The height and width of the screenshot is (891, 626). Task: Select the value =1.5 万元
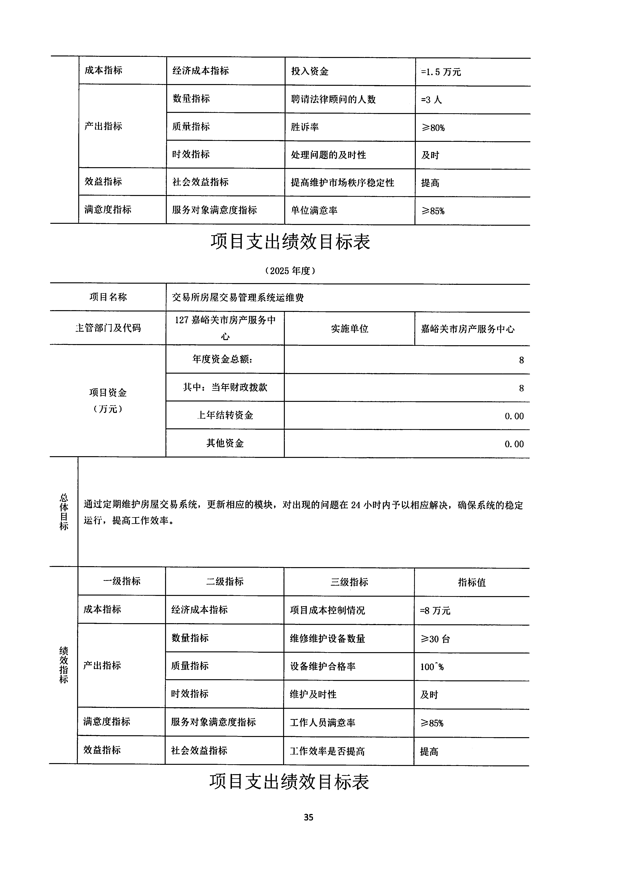[441, 72]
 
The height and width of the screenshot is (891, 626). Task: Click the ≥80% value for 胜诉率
[433, 128]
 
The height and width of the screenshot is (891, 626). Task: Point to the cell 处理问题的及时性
[328, 155]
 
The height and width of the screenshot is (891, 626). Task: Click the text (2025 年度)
[290, 271]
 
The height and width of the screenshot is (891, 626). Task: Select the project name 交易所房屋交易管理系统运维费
[238, 298]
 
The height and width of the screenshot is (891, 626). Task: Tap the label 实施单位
[349, 329]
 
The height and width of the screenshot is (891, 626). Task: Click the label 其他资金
[225, 443]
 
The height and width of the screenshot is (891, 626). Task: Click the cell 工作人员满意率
[323, 722]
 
